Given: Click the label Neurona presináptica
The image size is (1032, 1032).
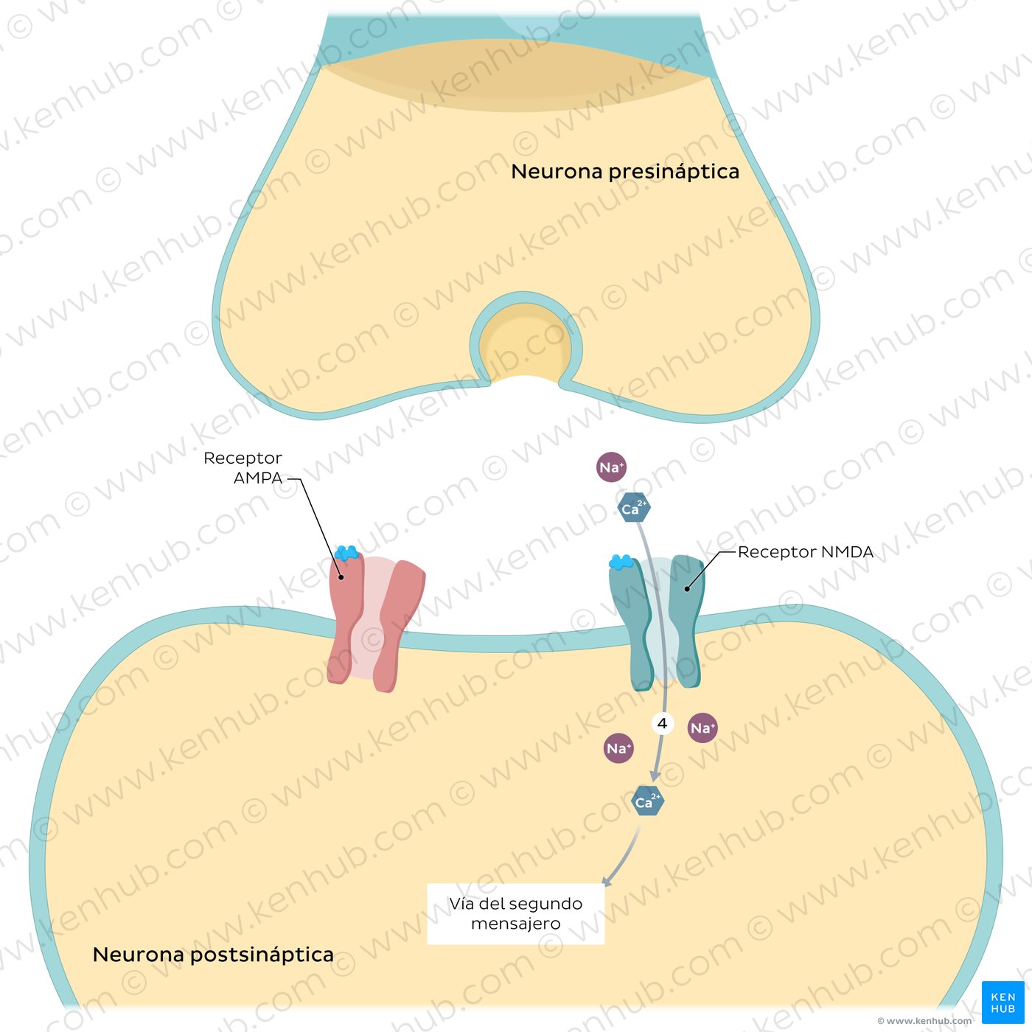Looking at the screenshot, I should pyautogui.click(x=624, y=172).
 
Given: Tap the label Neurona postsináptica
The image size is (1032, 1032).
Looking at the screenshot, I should pyautogui.click(x=213, y=955).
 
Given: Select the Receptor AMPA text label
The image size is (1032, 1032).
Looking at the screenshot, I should pyautogui.click(x=243, y=468).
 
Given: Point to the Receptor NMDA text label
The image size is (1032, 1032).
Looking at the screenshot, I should pyautogui.click(x=805, y=552).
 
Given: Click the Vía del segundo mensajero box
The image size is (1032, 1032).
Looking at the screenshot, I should pyautogui.click(x=516, y=914).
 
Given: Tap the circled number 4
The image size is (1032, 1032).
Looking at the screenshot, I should pyautogui.click(x=662, y=724).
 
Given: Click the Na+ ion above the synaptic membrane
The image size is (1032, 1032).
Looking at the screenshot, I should pyautogui.click(x=611, y=467).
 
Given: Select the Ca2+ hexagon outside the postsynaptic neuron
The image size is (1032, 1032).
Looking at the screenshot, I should pyautogui.click(x=634, y=508).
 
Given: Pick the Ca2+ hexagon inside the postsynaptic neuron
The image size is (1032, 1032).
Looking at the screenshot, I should pyautogui.click(x=648, y=801).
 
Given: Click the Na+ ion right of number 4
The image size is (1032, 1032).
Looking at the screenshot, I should pyautogui.click(x=702, y=728).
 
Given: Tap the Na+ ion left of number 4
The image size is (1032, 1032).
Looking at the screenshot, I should pyautogui.click(x=618, y=748).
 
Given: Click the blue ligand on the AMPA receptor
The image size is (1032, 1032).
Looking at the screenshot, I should pyautogui.click(x=346, y=552).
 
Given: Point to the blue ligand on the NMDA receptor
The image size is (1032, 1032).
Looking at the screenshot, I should pyautogui.click(x=621, y=562).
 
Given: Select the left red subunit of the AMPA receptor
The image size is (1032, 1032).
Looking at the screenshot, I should pyautogui.click(x=345, y=619).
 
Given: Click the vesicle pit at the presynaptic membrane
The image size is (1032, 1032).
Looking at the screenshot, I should pyautogui.click(x=526, y=343).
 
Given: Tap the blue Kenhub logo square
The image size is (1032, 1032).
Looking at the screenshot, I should pyautogui.click(x=1003, y=1003).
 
